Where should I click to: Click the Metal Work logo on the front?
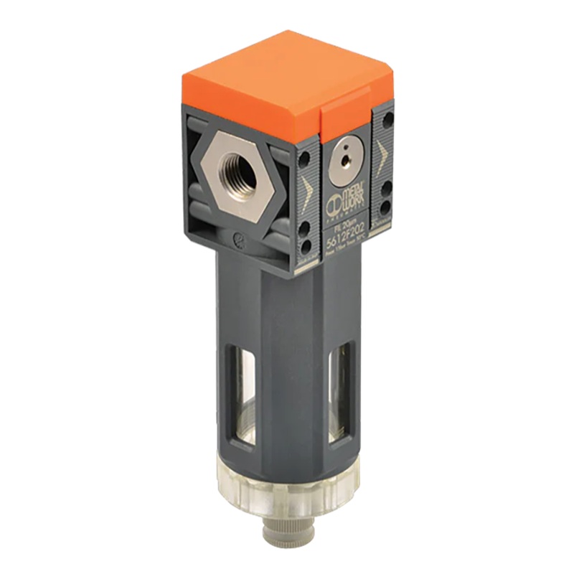point(346,199)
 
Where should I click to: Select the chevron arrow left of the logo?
point(307,190)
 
